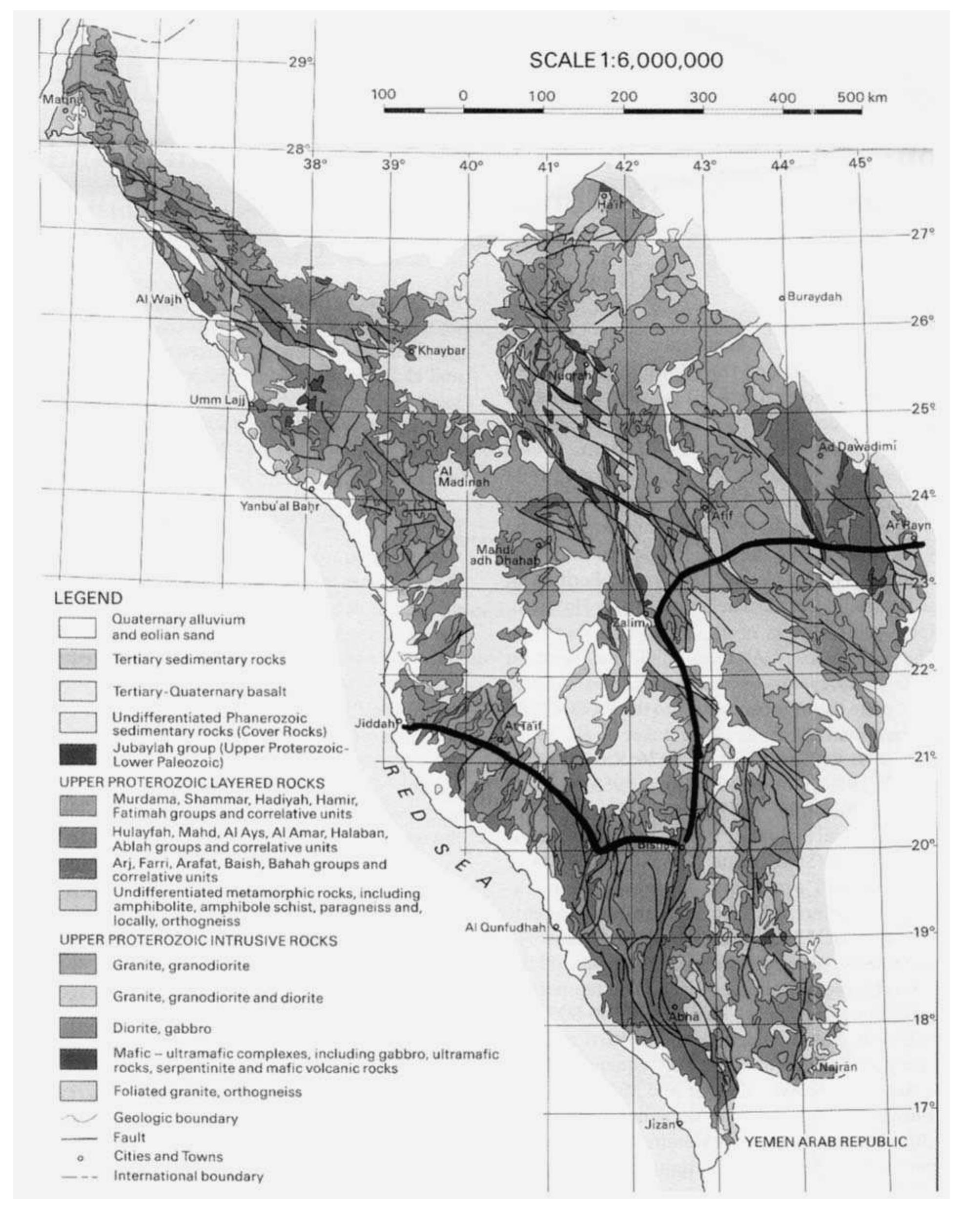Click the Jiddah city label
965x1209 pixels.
pos(373,723)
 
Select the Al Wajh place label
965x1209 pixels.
pos(159,299)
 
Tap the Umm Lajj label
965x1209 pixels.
pos(219,400)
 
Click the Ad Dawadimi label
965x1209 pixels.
pos(857,446)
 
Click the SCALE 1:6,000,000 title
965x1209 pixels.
pos(626,61)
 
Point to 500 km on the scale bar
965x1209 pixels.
pos(862,98)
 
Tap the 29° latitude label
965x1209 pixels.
pos(300,62)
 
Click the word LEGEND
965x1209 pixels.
pos(88,598)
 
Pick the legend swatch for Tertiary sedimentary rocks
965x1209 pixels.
pos(78,660)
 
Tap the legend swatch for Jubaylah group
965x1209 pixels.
pos(78,754)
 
